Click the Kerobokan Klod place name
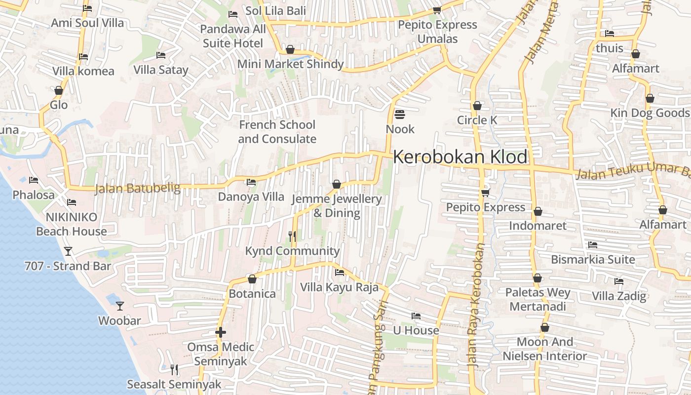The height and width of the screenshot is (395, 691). click(x=460, y=157)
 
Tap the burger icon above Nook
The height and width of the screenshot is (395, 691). click(x=400, y=115)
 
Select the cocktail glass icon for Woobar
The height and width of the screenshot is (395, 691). click(x=119, y=306)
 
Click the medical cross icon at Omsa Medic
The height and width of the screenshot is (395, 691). click(x=221, y=332)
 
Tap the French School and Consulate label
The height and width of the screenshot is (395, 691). click(x=277, y=132)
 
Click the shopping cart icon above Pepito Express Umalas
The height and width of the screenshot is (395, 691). click(x=437, y=10)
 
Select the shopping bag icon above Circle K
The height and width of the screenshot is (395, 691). click(x=477, y=106)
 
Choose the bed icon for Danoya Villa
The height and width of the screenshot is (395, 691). click(x=251, y=183)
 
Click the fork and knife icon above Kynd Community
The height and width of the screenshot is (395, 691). click(x=292, y=237)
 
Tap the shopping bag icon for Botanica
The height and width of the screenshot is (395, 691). click(x=252, y=279)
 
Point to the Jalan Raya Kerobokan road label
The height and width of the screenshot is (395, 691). click(x=476, y=306)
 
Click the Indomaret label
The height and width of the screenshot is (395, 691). click(x=537, y=226)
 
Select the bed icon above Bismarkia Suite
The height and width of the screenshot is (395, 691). click(x=593, y=245)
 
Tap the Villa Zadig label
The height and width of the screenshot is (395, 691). click(x=619, y=296)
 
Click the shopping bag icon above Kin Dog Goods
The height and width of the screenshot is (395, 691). click(x=650, y=99)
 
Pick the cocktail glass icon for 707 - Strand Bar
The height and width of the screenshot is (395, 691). click(x=68, y=251)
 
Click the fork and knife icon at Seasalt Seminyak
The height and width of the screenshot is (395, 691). click(x=174, y=370)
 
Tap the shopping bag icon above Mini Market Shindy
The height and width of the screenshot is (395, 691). click(x=290, y=50)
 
